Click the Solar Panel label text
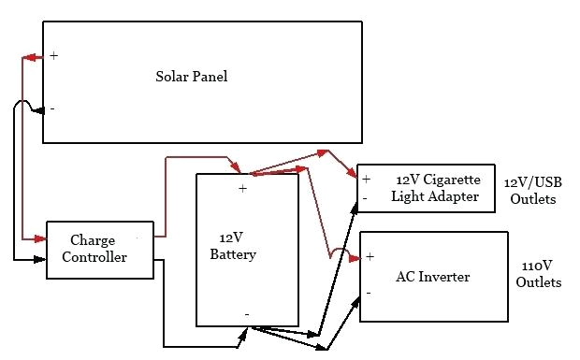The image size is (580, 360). click(x=191, y=77)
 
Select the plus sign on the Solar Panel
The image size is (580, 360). click(x=53, y=56)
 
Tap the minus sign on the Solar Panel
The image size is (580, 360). click(x=51, y=108)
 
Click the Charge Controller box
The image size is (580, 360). click(x=99, y=249)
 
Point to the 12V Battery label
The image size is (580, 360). click(x=233, y=247)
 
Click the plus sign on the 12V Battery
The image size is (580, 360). click(x=242, y=188)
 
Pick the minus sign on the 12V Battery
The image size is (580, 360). click(x=246, y=314)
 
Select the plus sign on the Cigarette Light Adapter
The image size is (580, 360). click(x=367, y=179)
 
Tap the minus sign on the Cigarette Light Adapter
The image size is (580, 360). click(x=365, y=197)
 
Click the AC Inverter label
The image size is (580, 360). click(x=432, y=277)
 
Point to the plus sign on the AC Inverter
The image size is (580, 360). click(x=370, y=256)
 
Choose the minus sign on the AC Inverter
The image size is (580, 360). click(x=369, y=293)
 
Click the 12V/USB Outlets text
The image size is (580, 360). click(x=531, y=192)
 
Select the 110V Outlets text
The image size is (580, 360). click(x=538, y=274)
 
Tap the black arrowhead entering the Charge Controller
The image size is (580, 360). click(x=40, y=257)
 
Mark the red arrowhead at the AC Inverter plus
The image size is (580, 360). click(x=355, y=257)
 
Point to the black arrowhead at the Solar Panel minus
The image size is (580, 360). click(x=37, y=111)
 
